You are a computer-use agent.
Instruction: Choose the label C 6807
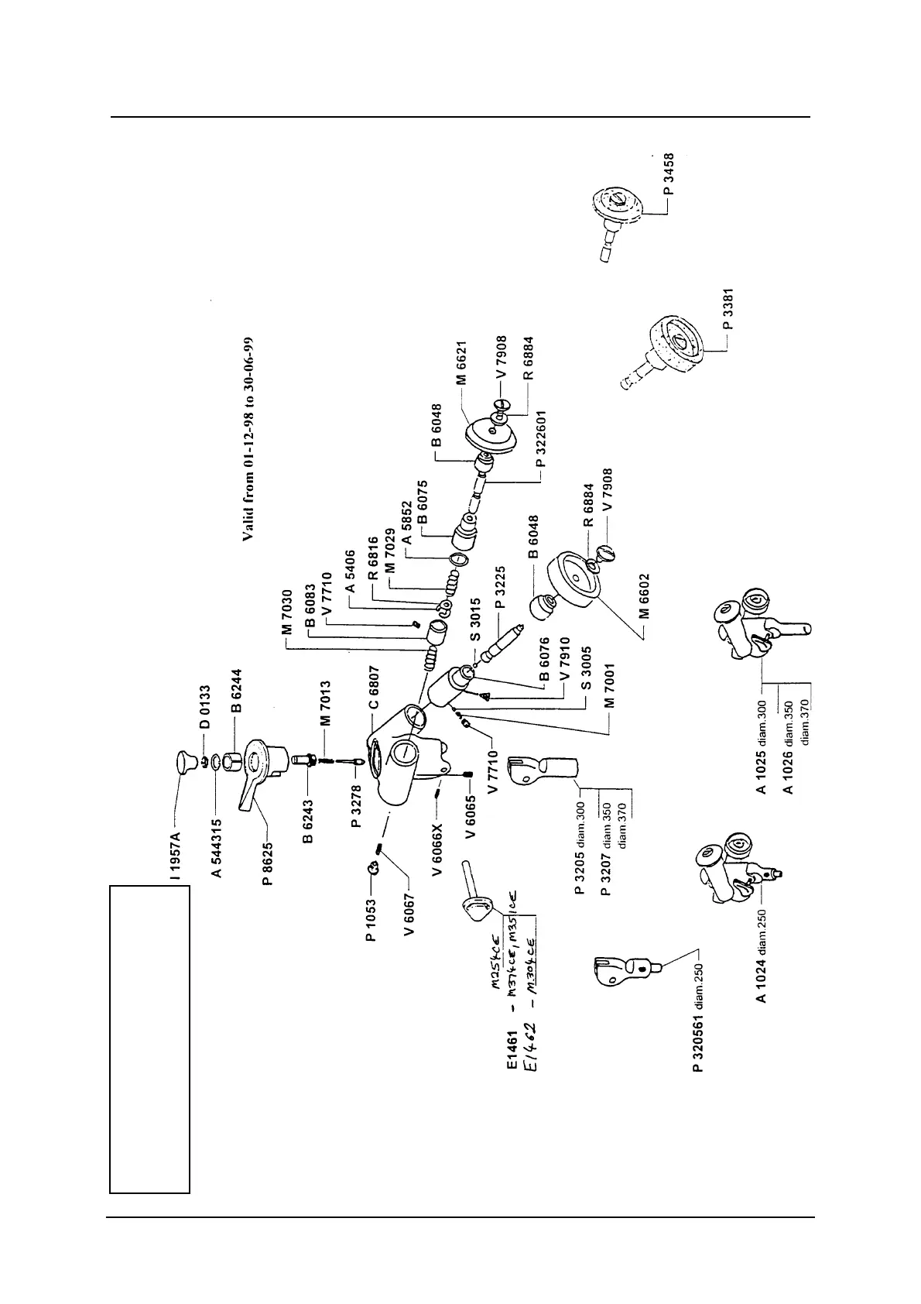click(x=374, y=688)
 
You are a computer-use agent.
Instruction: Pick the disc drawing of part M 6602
click(x=573, y=578)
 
